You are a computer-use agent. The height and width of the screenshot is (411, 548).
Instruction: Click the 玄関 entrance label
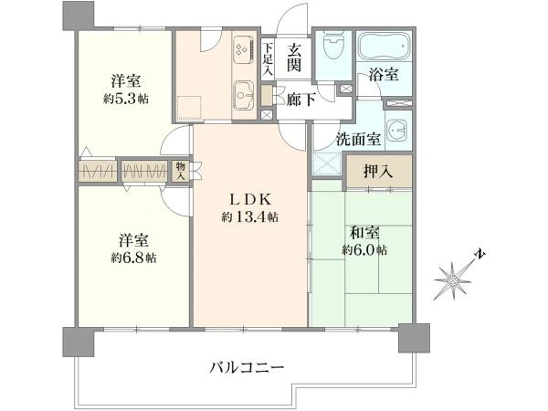(x=294, y=58)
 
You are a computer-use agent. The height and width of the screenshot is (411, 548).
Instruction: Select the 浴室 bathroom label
(x=384, y=75)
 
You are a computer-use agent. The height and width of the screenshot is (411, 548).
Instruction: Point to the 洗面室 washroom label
(x=359, y=140)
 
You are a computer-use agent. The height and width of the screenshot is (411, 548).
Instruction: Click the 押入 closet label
(x=378, y=172)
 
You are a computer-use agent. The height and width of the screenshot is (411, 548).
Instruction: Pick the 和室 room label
(x=364, y=233)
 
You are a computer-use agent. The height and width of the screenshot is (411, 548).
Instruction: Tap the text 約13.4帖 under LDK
(x=250, y=217)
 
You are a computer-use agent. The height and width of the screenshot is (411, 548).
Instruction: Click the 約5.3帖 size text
(x=126, y=100)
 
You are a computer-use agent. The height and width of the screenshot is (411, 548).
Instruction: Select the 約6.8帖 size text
(x=134, y=258)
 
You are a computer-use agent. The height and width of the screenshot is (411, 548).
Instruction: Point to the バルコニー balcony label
(x=247, y=368)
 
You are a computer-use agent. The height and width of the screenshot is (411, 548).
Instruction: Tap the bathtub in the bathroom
(x=385, y=46)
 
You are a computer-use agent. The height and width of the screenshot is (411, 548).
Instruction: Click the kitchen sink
(x=245, y=95)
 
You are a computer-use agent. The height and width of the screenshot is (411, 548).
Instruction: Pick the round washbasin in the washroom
(x=397, y=130)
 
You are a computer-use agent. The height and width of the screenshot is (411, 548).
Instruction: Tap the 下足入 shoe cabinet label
(x=268, y=58)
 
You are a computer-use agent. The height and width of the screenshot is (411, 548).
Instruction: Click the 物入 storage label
(x=180, y=171)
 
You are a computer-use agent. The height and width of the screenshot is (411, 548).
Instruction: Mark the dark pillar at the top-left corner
(x=79, y=16)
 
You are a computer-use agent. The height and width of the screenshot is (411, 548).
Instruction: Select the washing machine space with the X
(x=327, y=163)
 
